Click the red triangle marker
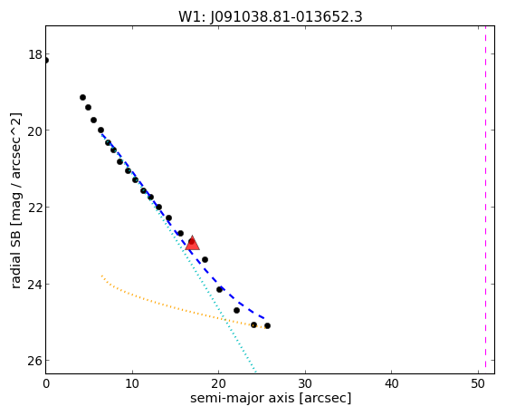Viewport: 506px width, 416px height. tap(193, 244)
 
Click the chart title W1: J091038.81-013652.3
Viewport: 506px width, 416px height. tap(271, 17)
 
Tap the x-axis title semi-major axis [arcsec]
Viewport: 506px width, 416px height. tap(271, 398)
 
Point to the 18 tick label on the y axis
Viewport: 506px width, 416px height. tap(35, 54)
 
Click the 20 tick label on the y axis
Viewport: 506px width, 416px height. tap(35, 131)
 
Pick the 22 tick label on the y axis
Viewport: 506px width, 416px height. tap(35, 208)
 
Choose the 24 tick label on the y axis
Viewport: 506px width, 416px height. tap(35, 284)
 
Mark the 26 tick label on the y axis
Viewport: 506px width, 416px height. tap(35, 361)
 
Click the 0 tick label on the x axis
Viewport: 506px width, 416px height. tap(46, 384)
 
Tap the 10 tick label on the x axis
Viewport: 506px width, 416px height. tap(132, 384)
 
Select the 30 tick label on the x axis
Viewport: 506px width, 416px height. tap(305, 384)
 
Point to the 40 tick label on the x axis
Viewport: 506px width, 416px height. tap(391, 384)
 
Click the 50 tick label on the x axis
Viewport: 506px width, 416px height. tap(478, 384)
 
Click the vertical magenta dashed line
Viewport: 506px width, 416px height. tap(486, 199)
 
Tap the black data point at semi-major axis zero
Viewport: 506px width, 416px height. tap(46, 60)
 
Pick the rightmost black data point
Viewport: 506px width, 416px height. tap(267, 325)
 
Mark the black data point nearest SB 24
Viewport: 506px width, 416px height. tap(219, 290)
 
